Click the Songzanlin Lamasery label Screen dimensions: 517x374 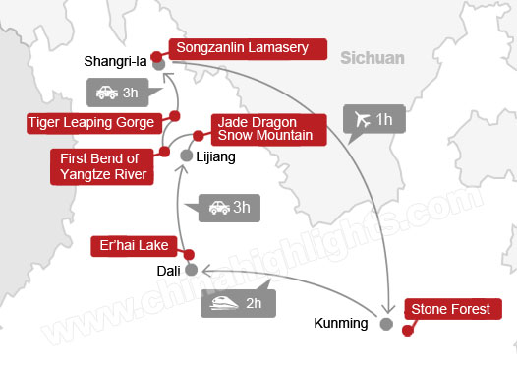click(248, 47)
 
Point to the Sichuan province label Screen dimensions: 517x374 click(373, 58)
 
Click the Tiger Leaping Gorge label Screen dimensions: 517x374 click(91, 122)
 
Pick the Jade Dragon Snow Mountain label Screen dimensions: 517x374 click(265, 129)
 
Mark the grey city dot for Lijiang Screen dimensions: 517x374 click(186, 155)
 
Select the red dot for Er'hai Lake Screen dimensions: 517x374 click(188, 226)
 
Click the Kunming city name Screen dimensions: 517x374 click(341, 323)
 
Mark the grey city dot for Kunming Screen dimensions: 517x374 click(386, 322)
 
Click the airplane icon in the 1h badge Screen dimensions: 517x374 click(363, 120)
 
